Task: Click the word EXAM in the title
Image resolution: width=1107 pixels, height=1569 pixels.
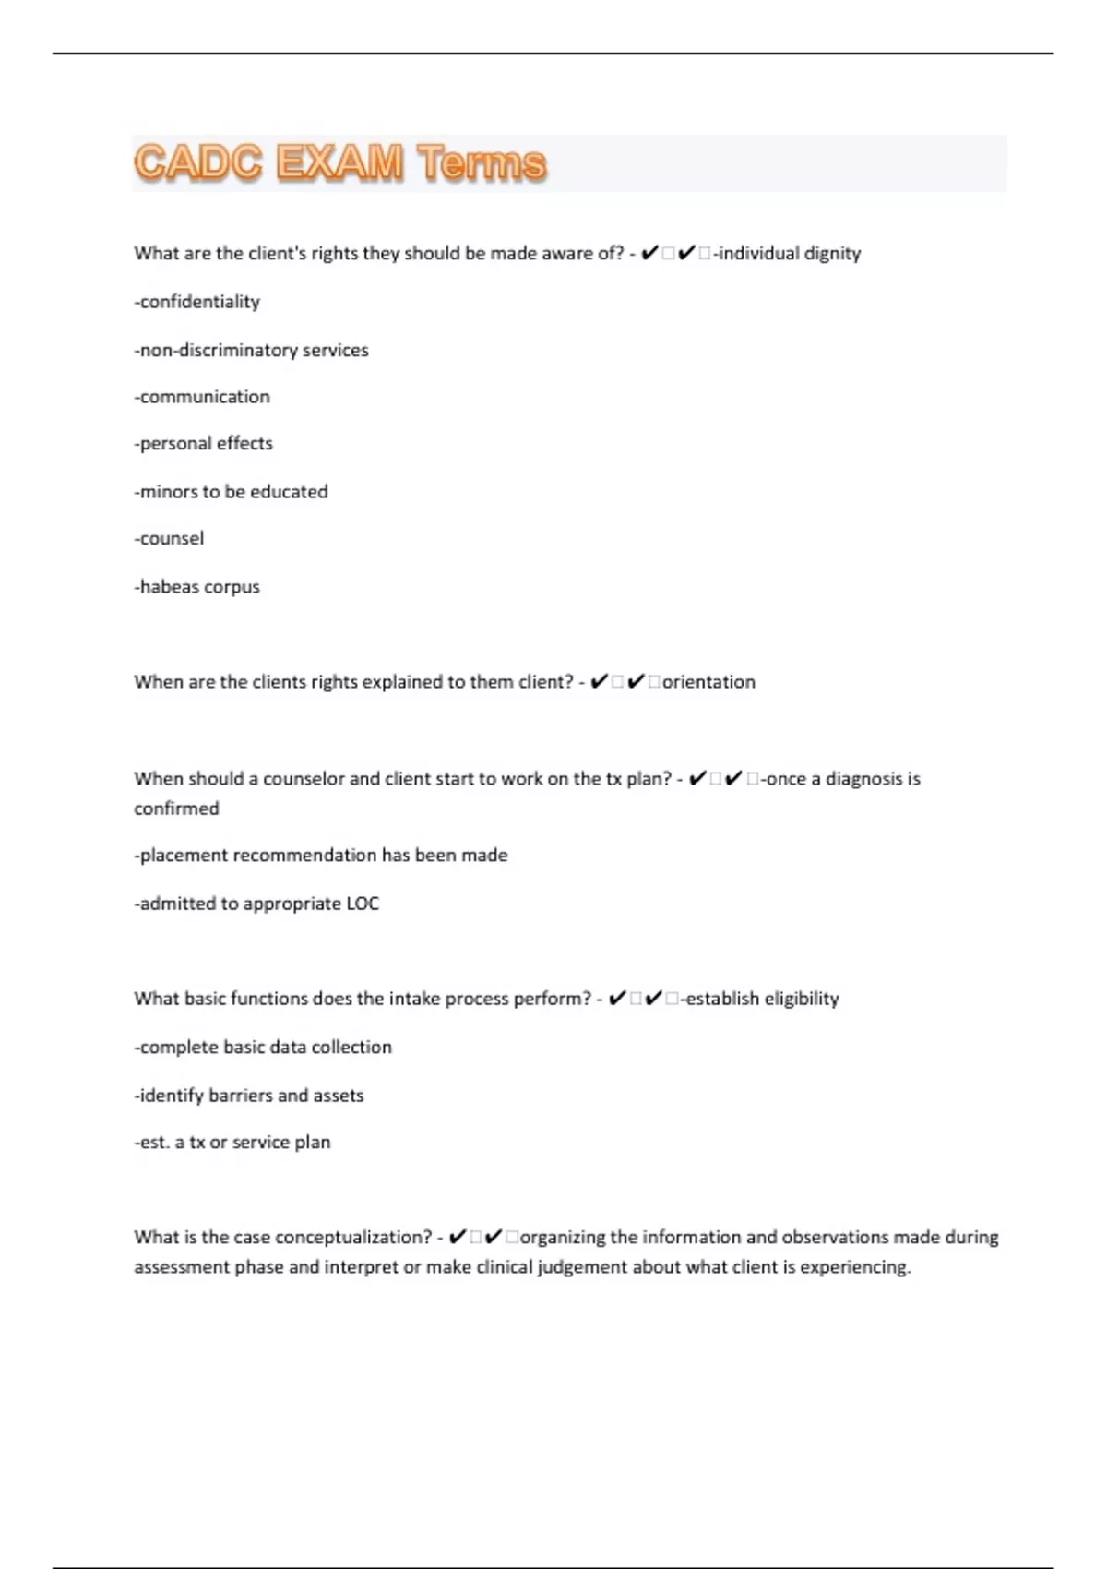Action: pos(339,162)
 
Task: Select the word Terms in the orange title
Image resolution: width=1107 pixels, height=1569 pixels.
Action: pos(481,162)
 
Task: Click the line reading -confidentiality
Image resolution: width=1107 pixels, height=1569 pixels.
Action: pos(197,302)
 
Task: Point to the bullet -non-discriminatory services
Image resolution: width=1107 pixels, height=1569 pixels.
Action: pos(251,350)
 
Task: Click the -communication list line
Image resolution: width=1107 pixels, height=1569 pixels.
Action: pos(202,397)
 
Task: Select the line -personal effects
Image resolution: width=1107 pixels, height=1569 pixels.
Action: pos(204,444)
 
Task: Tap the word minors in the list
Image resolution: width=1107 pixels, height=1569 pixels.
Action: pos(168,491)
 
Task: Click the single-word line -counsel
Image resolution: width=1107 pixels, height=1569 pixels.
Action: pos(169,538)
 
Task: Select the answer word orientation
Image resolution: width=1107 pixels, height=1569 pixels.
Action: pos(708,682)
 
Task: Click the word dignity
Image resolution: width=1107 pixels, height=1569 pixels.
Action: pos(832,254)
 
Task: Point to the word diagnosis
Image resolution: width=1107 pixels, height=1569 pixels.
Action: pos(863,779)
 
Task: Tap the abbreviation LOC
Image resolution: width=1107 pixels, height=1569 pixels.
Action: pos(363,904)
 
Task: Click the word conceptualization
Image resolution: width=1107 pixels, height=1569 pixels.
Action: pos(352,1238)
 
